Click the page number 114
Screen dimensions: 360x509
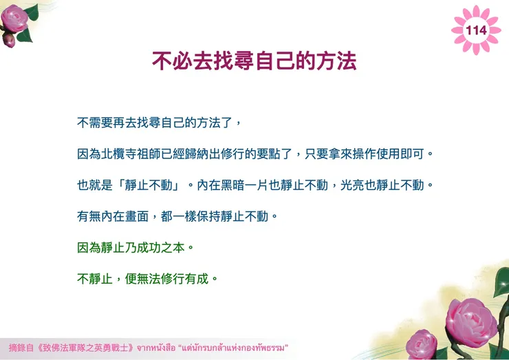[476, 30]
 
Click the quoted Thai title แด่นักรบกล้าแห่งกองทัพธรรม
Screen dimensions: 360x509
[235, 347]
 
